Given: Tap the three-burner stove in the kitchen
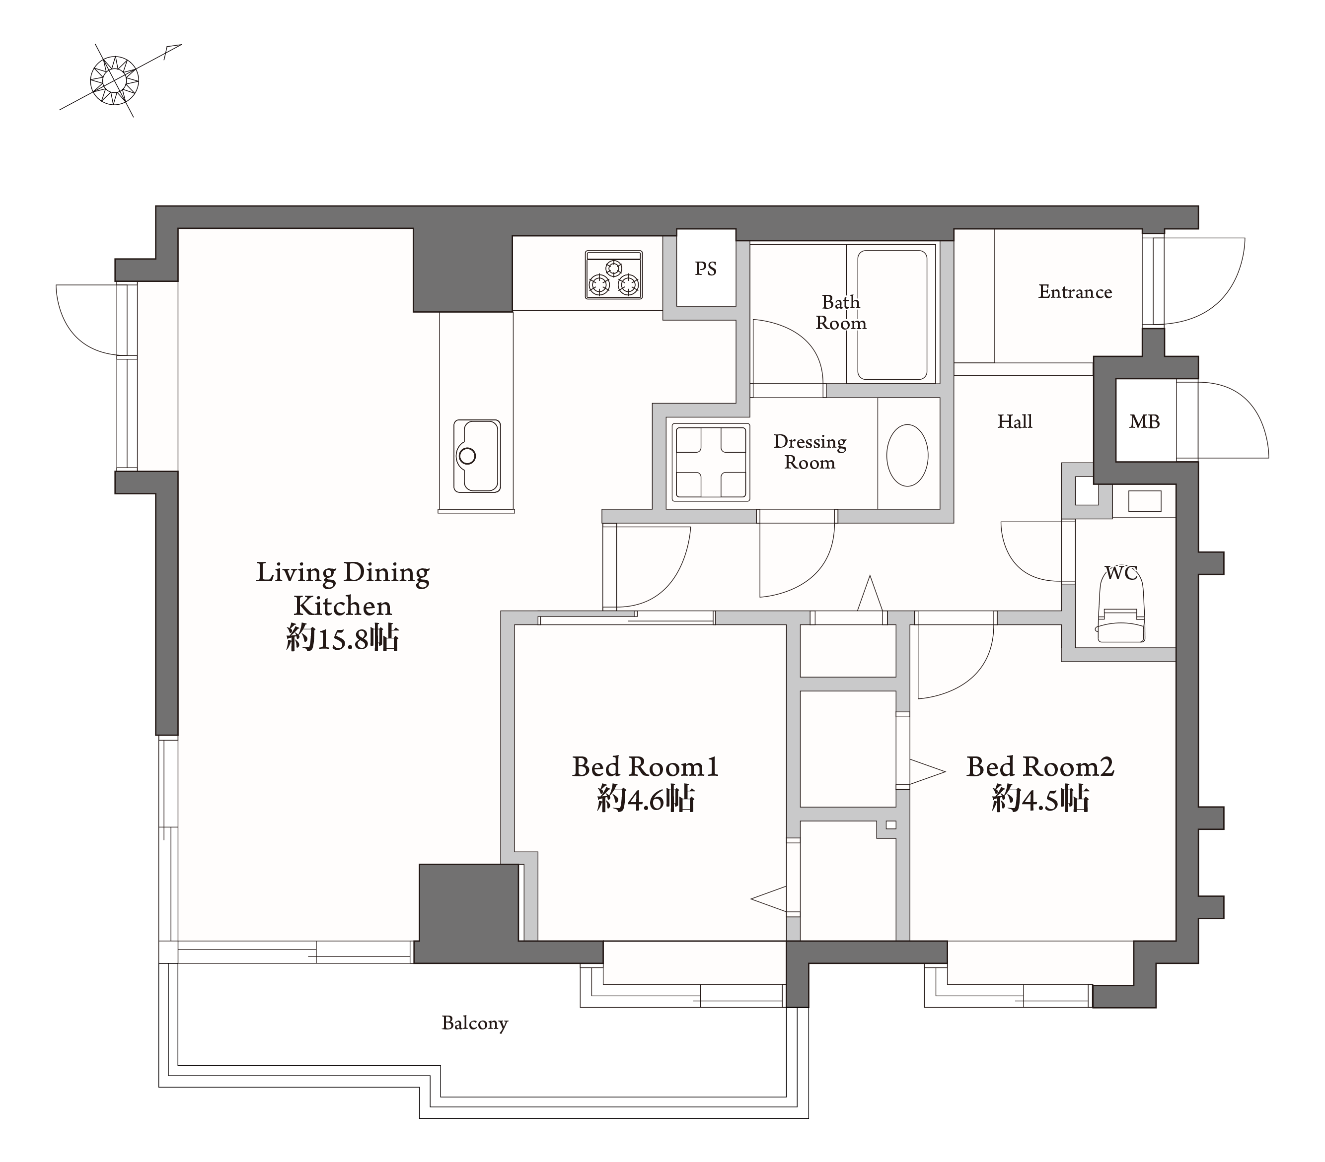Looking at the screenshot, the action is click(614, 275).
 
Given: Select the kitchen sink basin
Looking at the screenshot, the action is click(477, 456).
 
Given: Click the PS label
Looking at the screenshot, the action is click(706, 269).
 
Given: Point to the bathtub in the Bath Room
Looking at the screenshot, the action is click(892, 315).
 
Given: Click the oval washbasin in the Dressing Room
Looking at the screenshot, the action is click(907, 455).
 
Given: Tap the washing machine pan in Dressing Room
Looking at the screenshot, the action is click(711, 462).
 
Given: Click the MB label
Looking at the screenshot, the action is click(1144, 422).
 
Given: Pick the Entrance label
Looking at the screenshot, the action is click(1075, 292).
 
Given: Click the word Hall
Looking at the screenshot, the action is click(1015, 422).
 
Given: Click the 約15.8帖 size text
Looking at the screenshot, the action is click(342, 638).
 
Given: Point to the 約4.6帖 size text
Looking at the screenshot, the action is click(646, 799).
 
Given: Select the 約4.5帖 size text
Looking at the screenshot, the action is click(1040, 799).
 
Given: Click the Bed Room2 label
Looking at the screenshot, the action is click(1040, 767).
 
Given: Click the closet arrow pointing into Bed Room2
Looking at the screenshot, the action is click(928, 771).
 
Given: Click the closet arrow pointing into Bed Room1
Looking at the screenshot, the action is click(769, 899).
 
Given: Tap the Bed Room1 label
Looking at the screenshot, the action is click(646, 767).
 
